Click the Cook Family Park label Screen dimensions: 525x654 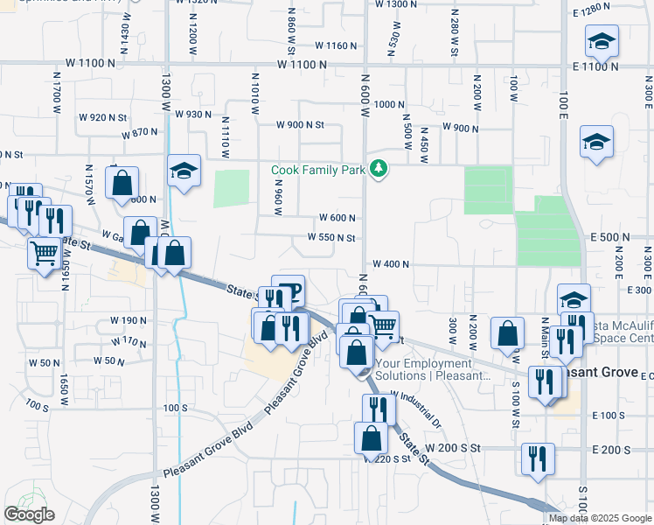point(317,170)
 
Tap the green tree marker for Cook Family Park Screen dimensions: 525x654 point(379,168)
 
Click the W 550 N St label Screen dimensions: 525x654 point(331,238)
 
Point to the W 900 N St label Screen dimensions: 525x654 point(300,125)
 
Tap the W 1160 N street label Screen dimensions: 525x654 point(337,45)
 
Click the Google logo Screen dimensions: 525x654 point(29,514)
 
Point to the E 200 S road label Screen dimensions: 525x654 point(610,450)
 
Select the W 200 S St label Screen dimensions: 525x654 point(453,447)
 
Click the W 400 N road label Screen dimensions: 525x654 point(391,263)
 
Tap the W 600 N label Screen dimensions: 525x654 point(337,218)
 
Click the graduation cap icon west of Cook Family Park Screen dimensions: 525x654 point(184,170)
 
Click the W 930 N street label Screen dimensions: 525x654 point(193,114)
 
